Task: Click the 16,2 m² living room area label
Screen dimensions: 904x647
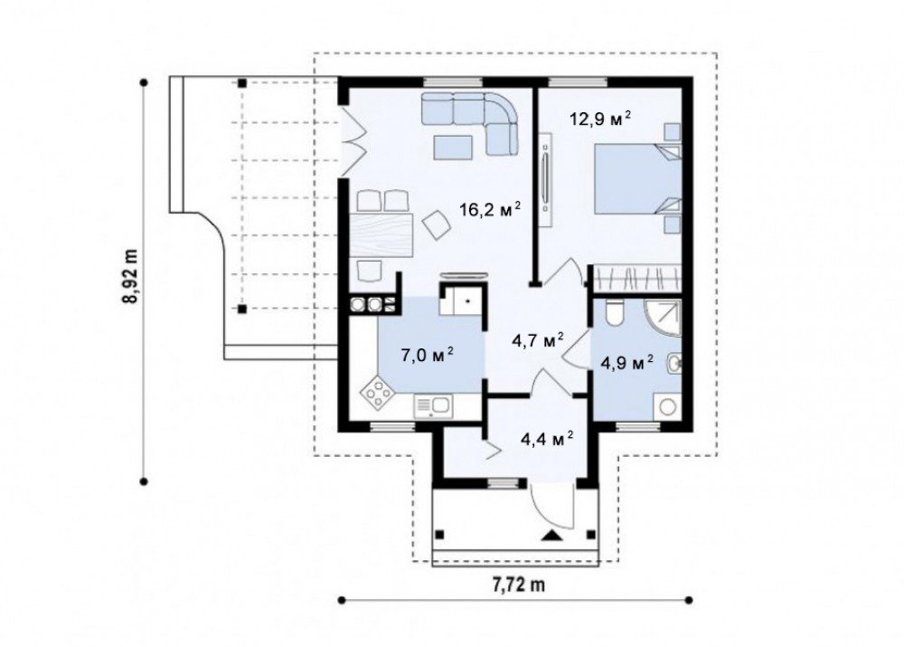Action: [490, 209]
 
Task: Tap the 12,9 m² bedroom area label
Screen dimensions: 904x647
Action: [600, 119]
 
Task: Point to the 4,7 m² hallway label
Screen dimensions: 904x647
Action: [537, 340]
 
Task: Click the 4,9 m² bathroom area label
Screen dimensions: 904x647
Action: [626, 363]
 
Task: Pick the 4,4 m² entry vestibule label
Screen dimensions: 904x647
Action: [547, 440]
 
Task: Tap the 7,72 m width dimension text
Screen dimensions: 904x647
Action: [518, 585]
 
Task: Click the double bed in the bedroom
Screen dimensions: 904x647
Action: [637, 179]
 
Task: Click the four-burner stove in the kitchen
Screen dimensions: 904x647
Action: [378, 394]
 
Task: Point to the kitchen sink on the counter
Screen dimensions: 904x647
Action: [432, 405]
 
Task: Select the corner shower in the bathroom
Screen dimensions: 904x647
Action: [663, 318]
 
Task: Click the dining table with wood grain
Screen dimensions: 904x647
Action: [381, 234]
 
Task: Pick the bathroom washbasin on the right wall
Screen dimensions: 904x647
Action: [674, 364]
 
